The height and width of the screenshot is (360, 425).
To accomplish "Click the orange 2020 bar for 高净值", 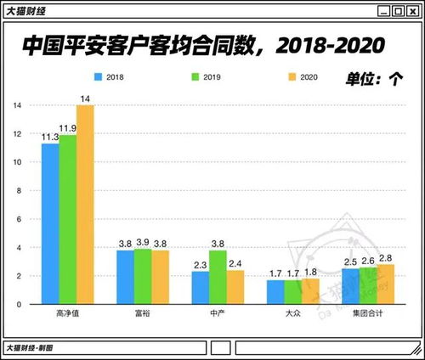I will (x=85, y=204).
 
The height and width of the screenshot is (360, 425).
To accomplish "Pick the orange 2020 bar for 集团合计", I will (x=386, y=284).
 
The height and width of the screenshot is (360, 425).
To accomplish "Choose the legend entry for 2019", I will (x=203, y=76).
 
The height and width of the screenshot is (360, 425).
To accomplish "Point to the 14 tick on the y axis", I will (x=16, y=105).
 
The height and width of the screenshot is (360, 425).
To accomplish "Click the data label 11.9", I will (x=68, y=128).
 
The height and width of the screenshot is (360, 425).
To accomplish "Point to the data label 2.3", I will (x=200, y=264).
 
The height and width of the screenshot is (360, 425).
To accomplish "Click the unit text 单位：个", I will (x=374, y=78).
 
